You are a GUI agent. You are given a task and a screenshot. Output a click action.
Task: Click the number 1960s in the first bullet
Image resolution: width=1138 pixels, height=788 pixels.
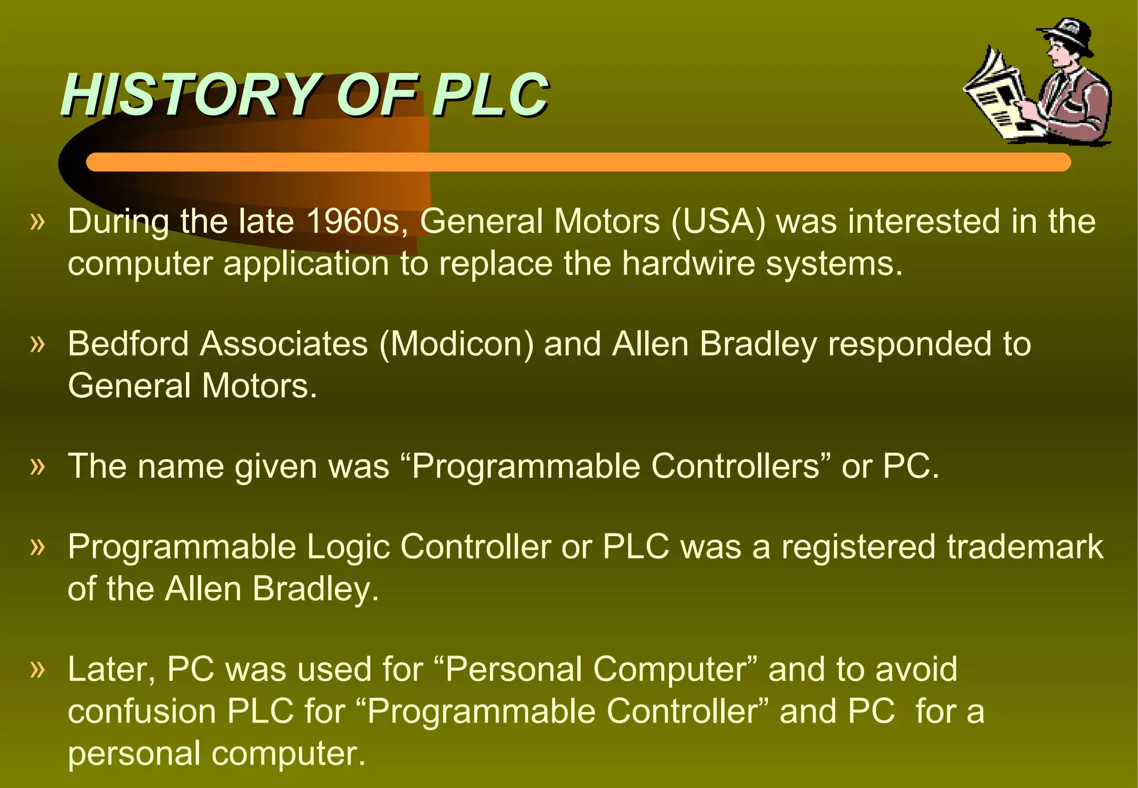[356, 221]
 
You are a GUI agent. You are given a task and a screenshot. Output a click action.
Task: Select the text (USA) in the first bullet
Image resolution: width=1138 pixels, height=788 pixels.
[718, 221]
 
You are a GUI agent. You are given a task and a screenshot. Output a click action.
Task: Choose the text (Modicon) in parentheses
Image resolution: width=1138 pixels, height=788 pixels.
[456, 343]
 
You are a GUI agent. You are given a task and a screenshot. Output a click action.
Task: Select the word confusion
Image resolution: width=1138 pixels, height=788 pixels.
[142, 711]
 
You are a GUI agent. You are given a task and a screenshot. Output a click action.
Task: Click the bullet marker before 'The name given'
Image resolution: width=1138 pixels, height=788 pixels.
[37, 466]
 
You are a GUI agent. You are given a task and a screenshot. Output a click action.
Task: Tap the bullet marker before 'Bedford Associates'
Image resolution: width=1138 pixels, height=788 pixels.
[37, 343]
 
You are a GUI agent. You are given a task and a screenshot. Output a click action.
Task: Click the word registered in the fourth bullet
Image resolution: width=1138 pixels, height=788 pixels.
[859, 547]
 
